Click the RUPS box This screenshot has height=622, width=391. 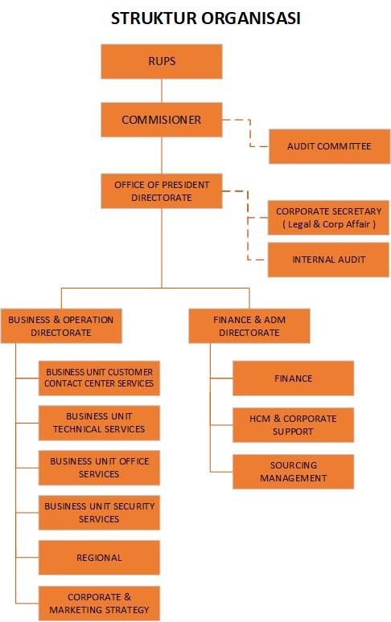click(x=162, y=62)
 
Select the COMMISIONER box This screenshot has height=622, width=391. click(x=162, y=120)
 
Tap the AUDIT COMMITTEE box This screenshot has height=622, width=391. click(x=330, y=146)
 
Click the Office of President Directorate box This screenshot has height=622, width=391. click(x=162, y=191)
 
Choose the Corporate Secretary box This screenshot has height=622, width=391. click(x=328, y=218)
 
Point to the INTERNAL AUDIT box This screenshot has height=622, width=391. click(x=328, y=260)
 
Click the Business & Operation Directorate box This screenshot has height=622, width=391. click(x=61, y=326)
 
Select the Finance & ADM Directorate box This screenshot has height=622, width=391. click(x=249, y=326)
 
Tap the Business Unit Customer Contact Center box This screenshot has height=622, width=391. click(x=99, y=378)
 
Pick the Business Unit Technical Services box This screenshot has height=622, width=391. click(x=99, y=423)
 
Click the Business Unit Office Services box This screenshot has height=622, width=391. click(x=99, y=468)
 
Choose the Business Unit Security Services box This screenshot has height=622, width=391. click(x=99, y=513)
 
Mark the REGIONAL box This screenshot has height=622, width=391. click(x=99, y=558)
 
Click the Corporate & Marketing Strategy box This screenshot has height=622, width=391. click(x=99, y=604)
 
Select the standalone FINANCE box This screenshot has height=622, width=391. click(x=294, y=379)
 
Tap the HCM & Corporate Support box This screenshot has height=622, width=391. click(x=294, y=425)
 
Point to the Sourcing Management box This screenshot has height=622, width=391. click(x=294, y=472)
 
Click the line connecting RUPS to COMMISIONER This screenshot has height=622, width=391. click(x=162, y=91)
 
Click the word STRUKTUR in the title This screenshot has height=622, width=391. click(x=154, y=18)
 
